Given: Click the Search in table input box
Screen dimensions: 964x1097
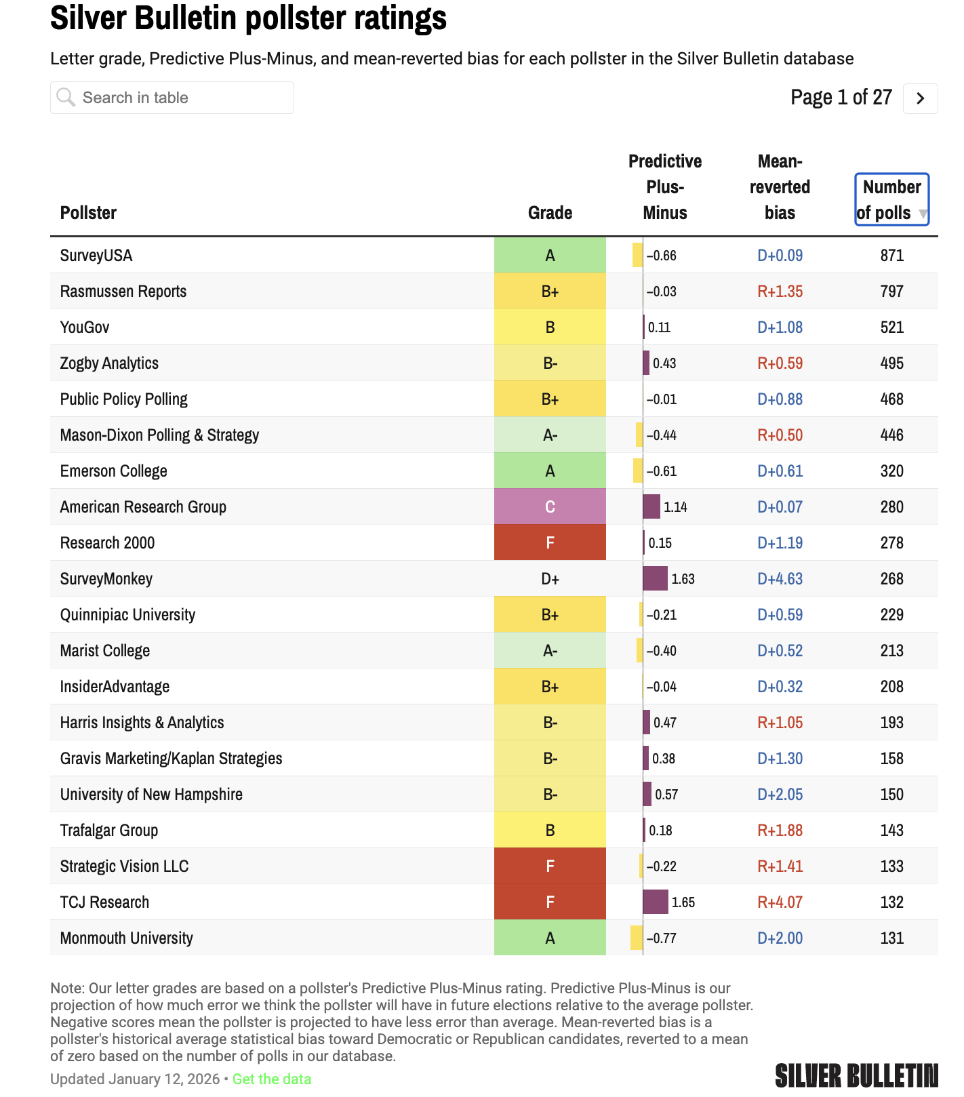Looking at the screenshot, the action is coord(172,98).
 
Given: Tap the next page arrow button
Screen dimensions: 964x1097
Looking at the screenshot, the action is coord(920,98).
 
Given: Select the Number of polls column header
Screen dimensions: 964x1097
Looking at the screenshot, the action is coord(891,199).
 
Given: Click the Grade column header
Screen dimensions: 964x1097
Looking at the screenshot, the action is coord(550,213).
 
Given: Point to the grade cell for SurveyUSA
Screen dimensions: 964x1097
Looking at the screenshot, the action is coord(550,255).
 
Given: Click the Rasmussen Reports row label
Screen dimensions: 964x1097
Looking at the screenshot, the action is coord(123,292).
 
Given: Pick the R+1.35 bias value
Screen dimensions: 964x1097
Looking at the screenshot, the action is coord(780,292).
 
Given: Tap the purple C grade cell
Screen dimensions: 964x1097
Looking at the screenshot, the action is coord(550,506).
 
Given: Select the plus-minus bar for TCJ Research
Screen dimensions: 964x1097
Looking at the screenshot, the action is coord(656,902).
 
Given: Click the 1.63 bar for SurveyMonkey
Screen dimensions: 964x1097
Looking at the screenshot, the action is coord(655,578).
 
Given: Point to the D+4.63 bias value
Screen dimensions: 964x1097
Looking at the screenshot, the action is coord(780,579).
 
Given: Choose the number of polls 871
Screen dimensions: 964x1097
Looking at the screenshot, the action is coord(891,256).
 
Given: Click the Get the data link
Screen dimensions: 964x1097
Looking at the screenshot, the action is coord(271,1079).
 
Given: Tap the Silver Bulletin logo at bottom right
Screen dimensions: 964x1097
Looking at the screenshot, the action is coord(856,1075).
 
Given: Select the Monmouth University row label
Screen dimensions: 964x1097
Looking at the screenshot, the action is coord(127,938).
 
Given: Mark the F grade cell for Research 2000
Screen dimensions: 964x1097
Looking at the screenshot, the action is coord(550,542).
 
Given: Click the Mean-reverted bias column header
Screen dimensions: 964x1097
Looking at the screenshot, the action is coord(780,187).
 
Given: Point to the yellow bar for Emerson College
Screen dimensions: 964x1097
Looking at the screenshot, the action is coord(637,471).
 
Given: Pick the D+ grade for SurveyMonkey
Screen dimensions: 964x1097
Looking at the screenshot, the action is coord(550,579).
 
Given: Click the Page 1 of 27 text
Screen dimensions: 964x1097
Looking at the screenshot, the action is coord(841,98).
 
